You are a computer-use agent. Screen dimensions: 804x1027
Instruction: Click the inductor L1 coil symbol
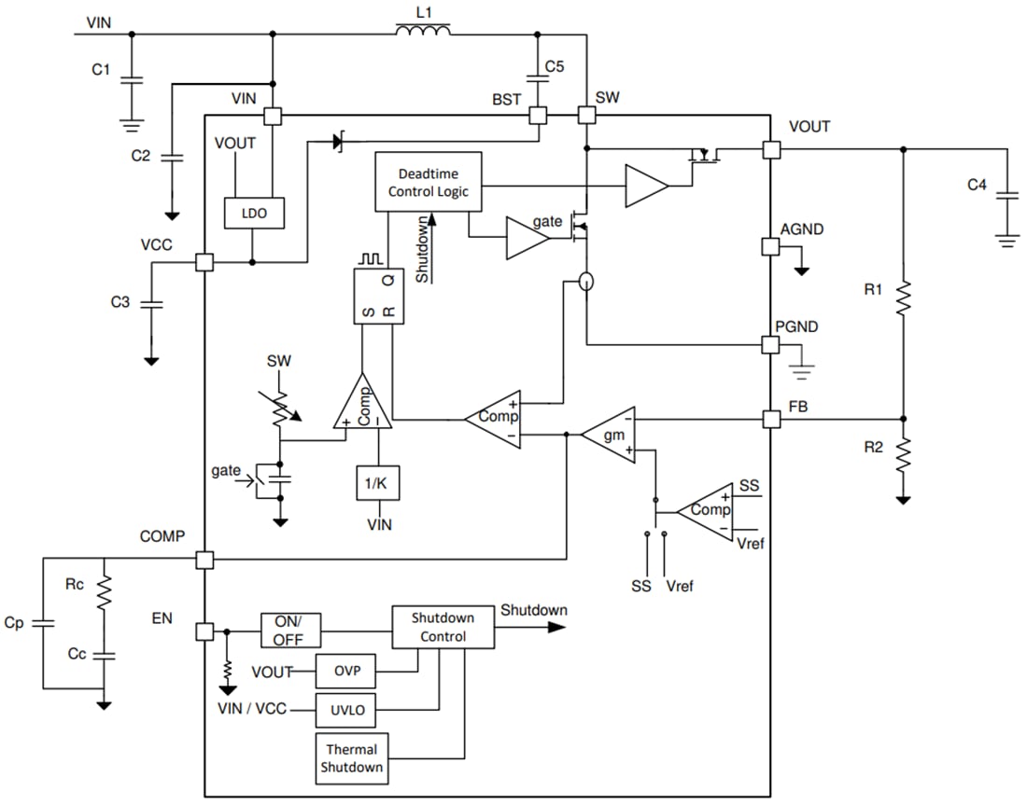[x=423, y=31]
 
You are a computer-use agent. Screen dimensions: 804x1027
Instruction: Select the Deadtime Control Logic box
[x=428, y=182]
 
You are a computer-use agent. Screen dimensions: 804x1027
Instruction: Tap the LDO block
[x=254, y=214]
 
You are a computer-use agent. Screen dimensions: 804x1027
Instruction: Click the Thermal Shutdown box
[x=352, y=758]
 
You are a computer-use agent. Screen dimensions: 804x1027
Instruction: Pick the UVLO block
[x=346, y=712]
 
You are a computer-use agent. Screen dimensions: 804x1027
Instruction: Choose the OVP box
[x=346, y=671]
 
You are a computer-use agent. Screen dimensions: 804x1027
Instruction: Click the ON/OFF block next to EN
[x=290, y=631]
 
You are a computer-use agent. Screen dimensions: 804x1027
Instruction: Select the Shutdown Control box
[x=442, y=627]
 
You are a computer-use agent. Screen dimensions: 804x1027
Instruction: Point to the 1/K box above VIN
[x=378, y=482]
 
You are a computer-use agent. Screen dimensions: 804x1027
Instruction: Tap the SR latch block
[x=379, y=297]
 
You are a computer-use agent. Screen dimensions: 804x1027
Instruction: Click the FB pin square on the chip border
[x=771, y=419]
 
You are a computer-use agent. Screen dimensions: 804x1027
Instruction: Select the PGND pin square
[x=771, y=345]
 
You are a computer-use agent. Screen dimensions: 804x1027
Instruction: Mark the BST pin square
[x=538, y=115]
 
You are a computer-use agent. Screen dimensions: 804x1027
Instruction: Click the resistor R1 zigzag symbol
[x=903, y=299]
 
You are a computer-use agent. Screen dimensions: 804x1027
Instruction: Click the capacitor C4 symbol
[x=1006, y=199]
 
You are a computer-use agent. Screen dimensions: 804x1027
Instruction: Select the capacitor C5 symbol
[x=538, y=79]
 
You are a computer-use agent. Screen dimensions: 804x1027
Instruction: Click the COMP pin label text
[x=162, y=536]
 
